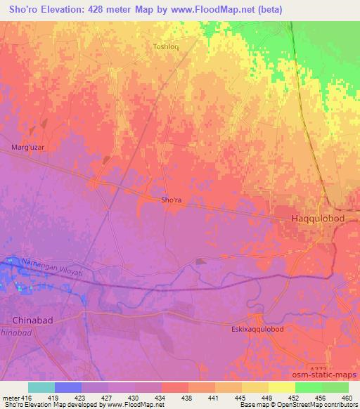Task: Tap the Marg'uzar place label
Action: click(x=27, y=148)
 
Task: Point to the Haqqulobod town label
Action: click(x=317, y=219)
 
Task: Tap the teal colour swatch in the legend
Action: click(x=41, y=387)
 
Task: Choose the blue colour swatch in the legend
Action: click(x=68, y=387)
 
